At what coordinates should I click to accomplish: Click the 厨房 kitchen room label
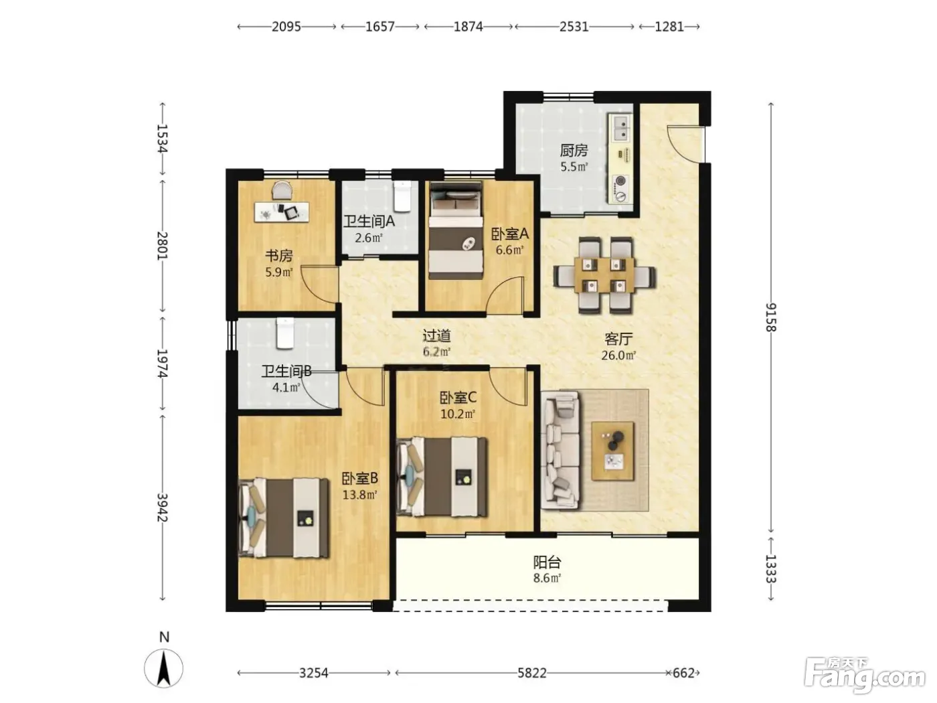tap(574, 150)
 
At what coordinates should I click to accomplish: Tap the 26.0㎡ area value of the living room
tap(618, 355)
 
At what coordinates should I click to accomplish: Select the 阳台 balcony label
tap(546, 562)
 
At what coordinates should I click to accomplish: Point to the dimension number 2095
tap(286, 27)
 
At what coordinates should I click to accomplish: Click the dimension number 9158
tap(771, 317)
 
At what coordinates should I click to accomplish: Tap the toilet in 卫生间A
tap(402, 196)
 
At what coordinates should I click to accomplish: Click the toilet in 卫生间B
tap(285, 333)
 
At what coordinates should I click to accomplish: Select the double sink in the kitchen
tap(619, 128)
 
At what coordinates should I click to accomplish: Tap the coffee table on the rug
tap(612, 451)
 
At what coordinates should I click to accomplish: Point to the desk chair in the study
tap(282, 190)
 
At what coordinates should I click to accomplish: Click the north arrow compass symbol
tap(163, 668)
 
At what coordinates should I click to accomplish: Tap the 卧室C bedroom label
tap(458, 398)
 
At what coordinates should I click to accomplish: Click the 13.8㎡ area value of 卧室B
tap(359, 495)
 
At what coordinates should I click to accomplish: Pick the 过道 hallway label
tap(436, 336)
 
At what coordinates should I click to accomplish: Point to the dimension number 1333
tap(771, 569)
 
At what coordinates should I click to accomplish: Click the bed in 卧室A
tap(456, 230)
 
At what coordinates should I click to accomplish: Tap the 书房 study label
tap(278, 256)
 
